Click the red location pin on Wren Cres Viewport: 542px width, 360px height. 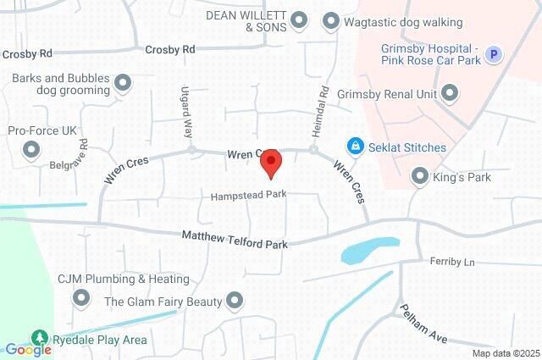270,162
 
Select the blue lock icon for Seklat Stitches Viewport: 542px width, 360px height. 356,147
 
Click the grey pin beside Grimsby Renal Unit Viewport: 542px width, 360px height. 450,93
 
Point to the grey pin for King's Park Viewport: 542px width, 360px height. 419,176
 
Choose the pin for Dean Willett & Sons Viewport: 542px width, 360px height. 298,19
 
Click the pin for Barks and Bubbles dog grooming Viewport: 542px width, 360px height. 123,83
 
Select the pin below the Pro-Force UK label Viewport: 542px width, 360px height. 32,151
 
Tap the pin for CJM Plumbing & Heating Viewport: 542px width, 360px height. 81,296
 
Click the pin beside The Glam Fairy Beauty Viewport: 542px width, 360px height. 235,301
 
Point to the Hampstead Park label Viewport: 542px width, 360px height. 249,195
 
